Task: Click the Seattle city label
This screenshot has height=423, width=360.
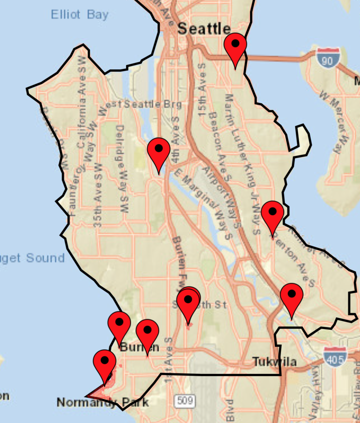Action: tap(204, 29)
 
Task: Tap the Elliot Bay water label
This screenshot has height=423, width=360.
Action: tap(80, 14)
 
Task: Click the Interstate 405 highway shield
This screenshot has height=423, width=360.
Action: tap(335, 358)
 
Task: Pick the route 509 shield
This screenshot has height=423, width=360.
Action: tap(185, 401)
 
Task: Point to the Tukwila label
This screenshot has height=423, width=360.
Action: tap(275, 361)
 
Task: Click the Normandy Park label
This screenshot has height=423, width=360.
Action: tap(102, 402)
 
